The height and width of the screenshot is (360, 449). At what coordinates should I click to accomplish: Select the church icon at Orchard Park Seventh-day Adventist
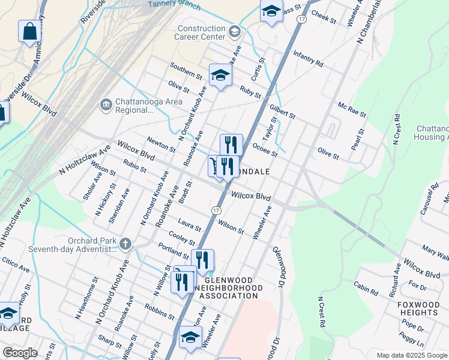(x=124, y=243)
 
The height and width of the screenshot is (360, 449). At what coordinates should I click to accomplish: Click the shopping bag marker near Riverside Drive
(x=29, y=32)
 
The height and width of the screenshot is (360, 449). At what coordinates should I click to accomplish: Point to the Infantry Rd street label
(x=309, y=58)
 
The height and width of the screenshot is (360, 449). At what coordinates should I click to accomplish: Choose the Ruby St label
(x=250, y=92)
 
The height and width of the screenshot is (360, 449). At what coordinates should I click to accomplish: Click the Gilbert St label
(x=283, y=110)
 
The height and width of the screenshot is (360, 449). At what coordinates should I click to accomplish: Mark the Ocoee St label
(x=265, y=149)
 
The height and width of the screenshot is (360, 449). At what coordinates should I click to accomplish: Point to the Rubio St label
(x=134, y=165)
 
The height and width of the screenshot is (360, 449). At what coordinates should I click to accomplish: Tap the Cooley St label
(x=182, y=238)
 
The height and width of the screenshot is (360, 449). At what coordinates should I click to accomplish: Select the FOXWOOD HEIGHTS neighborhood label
(x=418, y=308)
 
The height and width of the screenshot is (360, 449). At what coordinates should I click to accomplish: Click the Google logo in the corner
(x=20, y=353)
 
